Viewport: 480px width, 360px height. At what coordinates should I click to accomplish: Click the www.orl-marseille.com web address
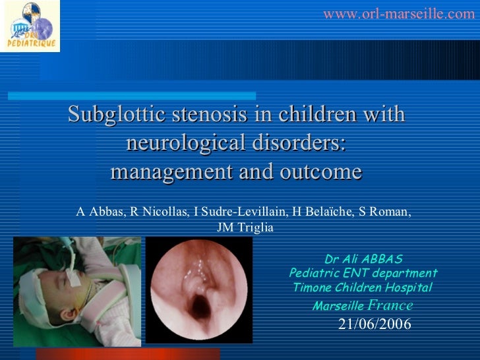tap(398, 14)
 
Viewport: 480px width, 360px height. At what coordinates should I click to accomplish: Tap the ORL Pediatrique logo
tap(30, 26)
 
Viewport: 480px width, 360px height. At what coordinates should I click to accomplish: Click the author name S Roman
tap(388, 212)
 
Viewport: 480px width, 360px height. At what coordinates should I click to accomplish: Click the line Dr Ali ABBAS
tap(363, 259)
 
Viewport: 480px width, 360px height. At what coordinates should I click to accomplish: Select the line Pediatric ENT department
tap(363, 273)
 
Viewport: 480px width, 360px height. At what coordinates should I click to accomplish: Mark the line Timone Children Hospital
tap(363, 287)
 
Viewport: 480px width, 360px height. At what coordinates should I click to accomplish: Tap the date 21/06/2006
tap(375, 324)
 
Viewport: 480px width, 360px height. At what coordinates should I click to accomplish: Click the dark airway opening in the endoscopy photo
tap(198, 305)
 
